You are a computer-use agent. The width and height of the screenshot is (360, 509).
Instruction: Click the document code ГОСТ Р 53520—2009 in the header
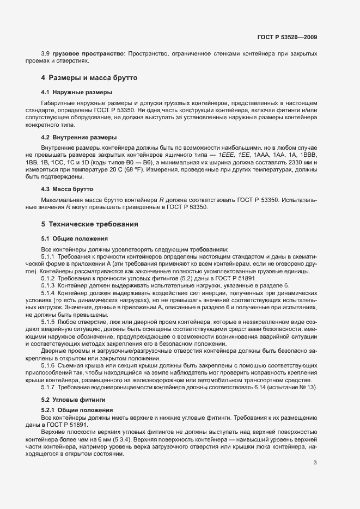[x=287, y=37]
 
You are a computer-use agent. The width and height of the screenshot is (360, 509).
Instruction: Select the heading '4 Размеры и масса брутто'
[x=89, y=78]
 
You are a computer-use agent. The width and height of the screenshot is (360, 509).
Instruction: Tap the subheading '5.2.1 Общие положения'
[x=72, y=409]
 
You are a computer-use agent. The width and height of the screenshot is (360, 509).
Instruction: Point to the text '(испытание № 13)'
[x=291, y=387]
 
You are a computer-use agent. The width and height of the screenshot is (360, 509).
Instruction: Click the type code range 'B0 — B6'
[x=137, y=162]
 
